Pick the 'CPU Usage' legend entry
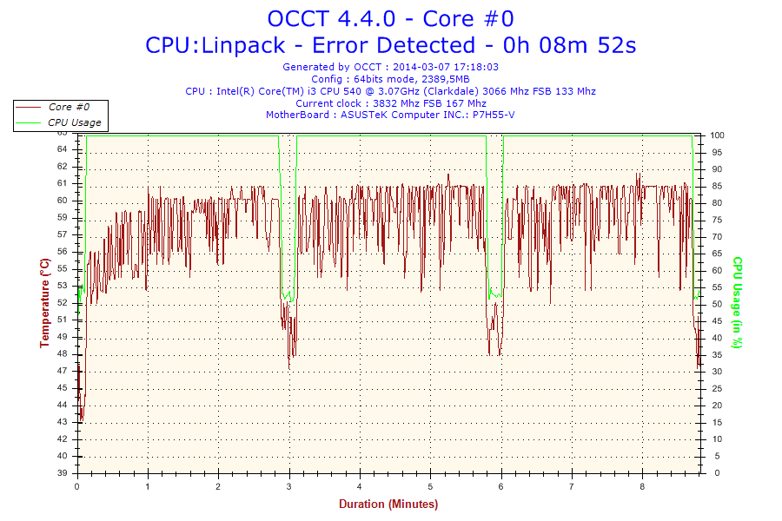pos(74,122)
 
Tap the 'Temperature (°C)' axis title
pos(44,303)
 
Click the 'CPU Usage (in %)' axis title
pos(737,303)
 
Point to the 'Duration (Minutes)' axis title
pos(388,504)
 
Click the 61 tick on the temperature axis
pos(63,183)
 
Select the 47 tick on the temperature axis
pos(63,371)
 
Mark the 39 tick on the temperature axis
pos(63,473)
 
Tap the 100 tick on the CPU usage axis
pos(718,135)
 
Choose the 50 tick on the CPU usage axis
pos(716,304)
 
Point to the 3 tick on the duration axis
pos(289,486)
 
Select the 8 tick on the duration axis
pos(642,486)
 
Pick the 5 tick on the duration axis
pos(430,486)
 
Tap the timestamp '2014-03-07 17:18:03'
pos(445,67)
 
